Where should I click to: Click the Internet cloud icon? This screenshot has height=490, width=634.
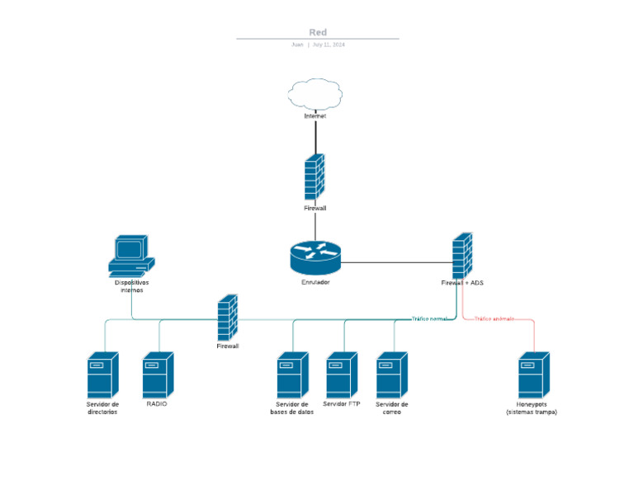tap(315, 94)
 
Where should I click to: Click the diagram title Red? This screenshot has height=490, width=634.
tap(318, 32)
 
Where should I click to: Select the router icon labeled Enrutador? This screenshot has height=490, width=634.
tap(315, 257)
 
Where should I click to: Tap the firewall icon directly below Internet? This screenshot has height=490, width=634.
tap(315, 177)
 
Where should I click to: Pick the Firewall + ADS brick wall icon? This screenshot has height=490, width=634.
tap(462, 256)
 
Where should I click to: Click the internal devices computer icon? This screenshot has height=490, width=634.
tap(131, 255)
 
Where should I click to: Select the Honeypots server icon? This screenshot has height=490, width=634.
tap(532, 375)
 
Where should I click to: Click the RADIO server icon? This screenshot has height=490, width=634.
tap(157, 375)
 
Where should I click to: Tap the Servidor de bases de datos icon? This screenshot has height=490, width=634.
tap(291, 375)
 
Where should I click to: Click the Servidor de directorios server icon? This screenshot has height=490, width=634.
tap(102, 375)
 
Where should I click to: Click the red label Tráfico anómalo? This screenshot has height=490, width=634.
tap(494, 318)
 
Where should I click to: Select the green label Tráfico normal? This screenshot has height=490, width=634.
tap(429, 318)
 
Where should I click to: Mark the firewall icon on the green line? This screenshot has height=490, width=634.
tap(227, 318)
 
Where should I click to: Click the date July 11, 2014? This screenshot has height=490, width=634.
tap(329, 45)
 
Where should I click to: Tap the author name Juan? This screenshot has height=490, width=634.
tap(297, 45)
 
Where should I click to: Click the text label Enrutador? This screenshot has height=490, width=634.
tap(315, 282)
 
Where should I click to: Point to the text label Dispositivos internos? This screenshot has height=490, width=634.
tap(131, 286)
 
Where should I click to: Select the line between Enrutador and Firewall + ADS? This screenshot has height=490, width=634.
tap(396, 262)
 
